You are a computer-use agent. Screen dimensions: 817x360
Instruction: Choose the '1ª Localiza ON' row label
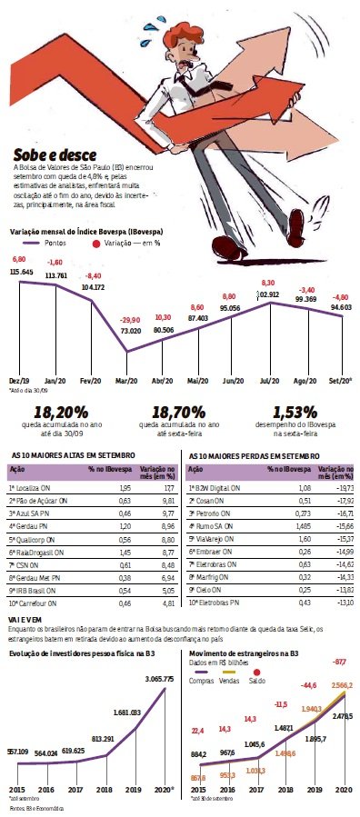33,487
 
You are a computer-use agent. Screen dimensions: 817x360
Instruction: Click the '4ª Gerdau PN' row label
29,525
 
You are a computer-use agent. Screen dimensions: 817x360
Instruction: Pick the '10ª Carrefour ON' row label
35,602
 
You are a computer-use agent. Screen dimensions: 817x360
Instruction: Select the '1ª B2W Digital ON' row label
216,487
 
